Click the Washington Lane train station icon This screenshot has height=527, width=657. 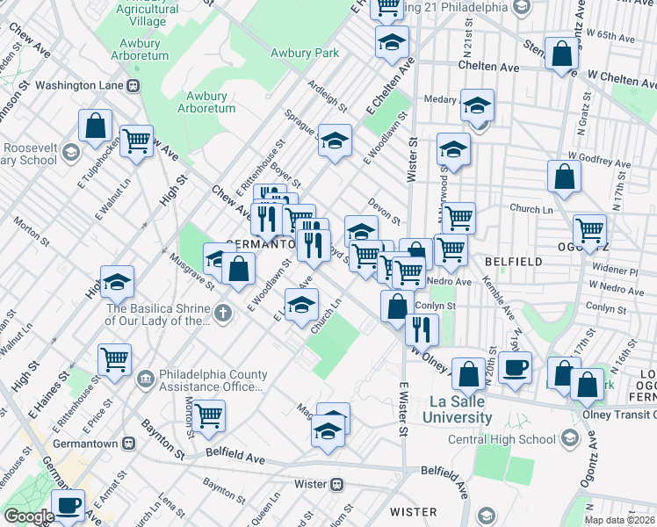[134, 86]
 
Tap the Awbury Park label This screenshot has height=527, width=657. [304, 53]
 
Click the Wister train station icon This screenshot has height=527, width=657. [337, 484]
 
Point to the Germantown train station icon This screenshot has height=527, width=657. [129, 444]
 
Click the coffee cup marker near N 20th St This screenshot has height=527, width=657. [515, 367]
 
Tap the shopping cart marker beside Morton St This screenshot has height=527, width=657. [209, 415]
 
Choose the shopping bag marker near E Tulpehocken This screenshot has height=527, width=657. [95, 125]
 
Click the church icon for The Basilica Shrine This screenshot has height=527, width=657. [224, 312]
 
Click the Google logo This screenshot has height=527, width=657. [29, 516]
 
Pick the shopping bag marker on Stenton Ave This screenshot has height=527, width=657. [560, 54]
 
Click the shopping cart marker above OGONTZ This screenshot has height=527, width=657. [589, 231]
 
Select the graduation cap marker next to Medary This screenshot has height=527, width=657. [476, 105]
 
